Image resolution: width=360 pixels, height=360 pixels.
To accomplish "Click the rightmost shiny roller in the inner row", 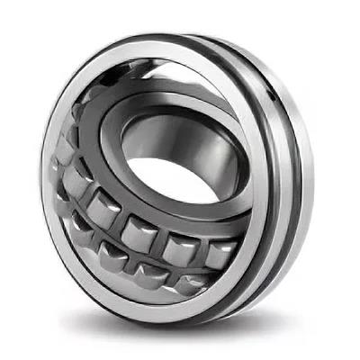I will (x=221, y=254).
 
